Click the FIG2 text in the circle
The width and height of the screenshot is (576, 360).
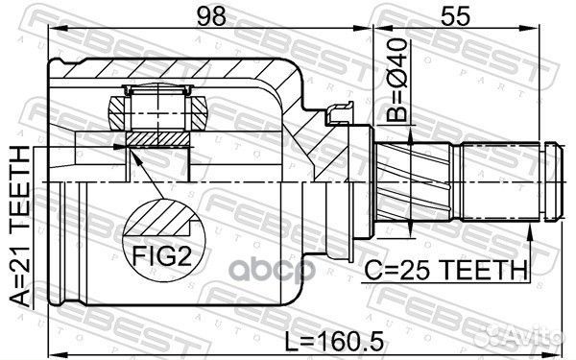tap(159, 258)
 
